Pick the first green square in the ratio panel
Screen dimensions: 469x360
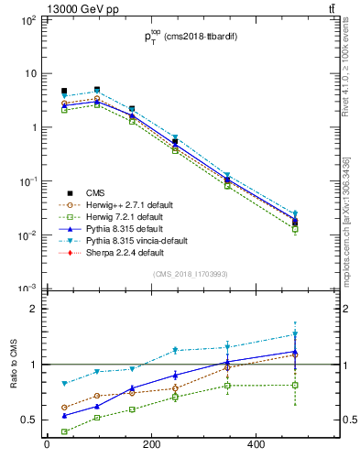click(x=64, y=431)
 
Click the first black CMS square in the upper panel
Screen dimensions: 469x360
click(x=64, y=92)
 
